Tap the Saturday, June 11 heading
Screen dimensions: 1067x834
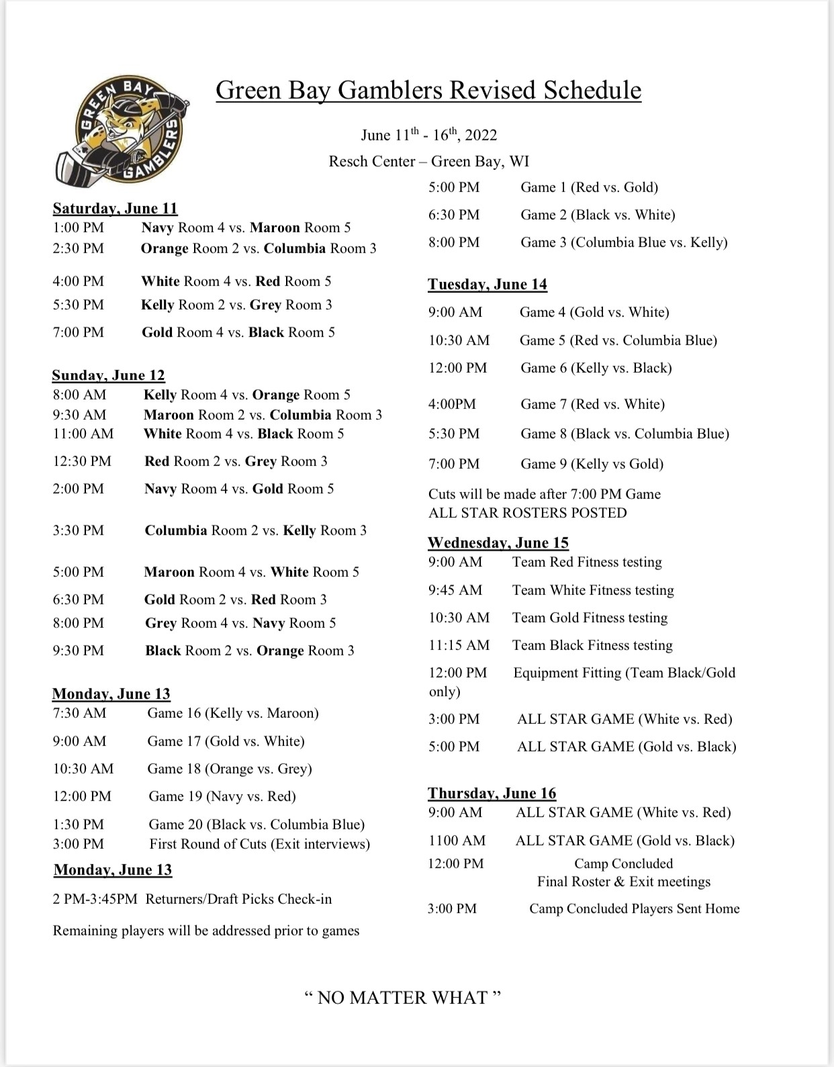115,208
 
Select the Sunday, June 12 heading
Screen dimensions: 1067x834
108,375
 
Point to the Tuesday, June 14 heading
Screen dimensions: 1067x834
488,284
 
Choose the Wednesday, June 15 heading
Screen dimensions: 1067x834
498,543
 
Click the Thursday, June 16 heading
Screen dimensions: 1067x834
492,793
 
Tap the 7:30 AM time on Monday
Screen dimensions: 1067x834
79,712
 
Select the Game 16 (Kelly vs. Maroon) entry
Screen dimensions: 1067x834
233,712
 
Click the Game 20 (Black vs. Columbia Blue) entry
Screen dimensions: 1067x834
257,824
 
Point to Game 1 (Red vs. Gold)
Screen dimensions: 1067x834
589,187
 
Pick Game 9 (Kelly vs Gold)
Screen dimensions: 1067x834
592,464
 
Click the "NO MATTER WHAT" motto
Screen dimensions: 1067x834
402,997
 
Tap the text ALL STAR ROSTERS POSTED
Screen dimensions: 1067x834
527,513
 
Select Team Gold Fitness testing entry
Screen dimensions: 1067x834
590,618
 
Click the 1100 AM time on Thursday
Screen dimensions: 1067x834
457,840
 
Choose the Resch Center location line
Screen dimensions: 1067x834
428,161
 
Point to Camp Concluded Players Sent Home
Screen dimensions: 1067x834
634,909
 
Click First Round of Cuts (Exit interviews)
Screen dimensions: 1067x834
259,844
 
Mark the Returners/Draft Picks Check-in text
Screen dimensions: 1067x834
238,899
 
